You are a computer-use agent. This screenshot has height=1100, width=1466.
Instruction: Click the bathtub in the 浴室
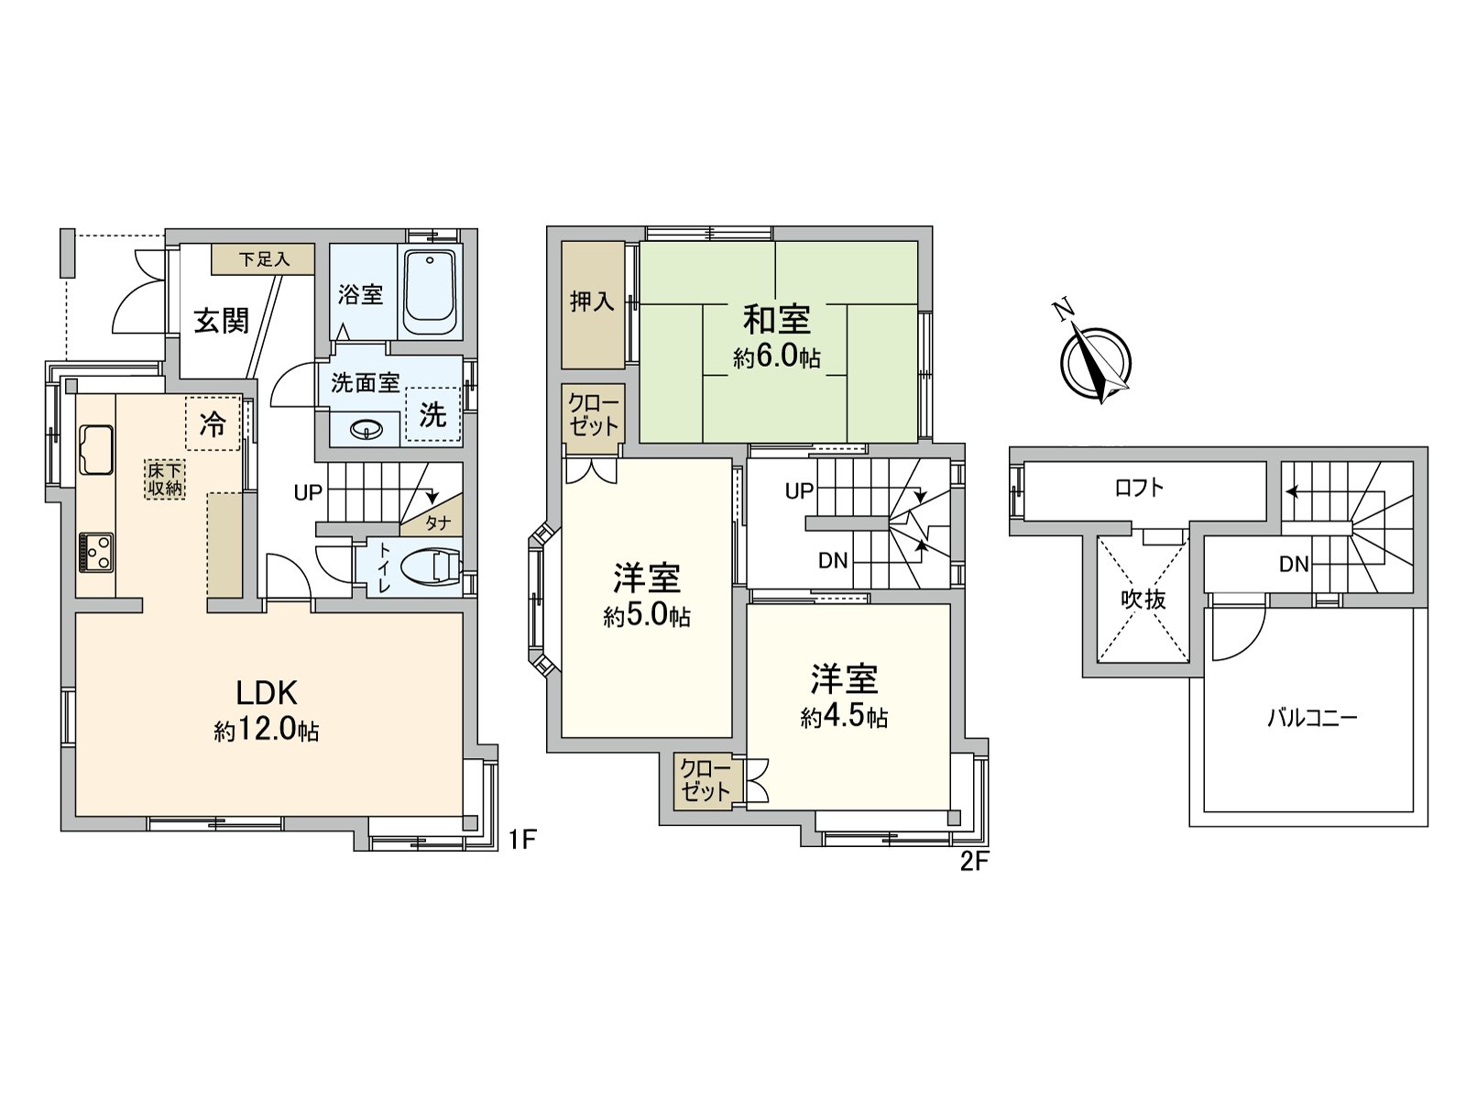(430, 293)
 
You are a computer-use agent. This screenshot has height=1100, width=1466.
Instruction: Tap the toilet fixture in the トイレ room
(432, 566)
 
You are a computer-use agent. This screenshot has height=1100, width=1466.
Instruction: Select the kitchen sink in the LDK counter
(95, 449)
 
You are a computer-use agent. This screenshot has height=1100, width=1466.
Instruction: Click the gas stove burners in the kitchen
(95, 552)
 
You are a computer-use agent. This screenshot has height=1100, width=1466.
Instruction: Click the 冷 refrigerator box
(213, 423)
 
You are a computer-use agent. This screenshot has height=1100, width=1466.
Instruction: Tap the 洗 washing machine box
(432, 415)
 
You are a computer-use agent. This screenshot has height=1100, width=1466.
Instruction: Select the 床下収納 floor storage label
(166, 478)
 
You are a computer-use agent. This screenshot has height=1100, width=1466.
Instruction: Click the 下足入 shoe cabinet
(264, 259)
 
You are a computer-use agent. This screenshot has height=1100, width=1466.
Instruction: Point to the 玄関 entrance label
(221, 321)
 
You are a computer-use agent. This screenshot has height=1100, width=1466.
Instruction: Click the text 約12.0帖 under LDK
(267, 731)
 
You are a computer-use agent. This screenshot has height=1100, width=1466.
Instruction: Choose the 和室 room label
(776, 320)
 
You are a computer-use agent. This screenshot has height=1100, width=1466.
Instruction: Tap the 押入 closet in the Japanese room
(592, 302)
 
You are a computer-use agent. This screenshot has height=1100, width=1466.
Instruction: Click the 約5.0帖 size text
(646, 617)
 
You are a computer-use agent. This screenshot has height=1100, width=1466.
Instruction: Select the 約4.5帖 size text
(844, 717)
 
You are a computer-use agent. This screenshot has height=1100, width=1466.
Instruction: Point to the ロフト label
(1139, 488)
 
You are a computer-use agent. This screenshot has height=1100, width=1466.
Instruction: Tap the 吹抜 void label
(1143, 599)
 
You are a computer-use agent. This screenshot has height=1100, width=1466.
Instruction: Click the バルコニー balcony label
(1312, 717)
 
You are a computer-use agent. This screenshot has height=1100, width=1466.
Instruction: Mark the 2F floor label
(975, 862)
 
